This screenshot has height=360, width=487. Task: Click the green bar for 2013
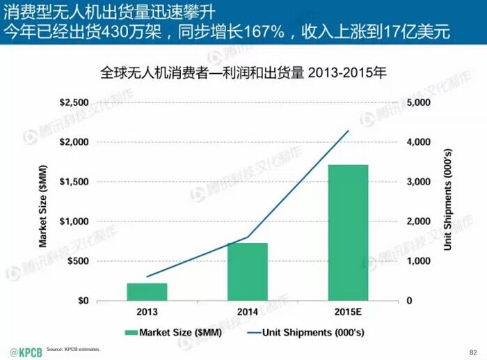tap(147, 292)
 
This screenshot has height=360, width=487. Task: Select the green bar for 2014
tap(248, 272)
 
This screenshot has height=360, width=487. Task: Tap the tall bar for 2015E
tap(348, 233)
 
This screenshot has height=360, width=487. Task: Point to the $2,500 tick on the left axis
tap(74, 102)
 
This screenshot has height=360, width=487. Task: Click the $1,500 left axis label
tap(74, 182)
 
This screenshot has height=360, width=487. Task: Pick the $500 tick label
tap(79, 261)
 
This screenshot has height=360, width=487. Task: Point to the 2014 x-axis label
tap(248, 312)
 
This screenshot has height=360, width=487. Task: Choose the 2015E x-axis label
tap(348, 312)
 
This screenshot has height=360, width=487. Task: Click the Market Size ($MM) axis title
tap(42, 202)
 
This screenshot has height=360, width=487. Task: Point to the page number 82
tap(474, 350)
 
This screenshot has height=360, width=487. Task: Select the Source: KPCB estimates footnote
tap(73, 348)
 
